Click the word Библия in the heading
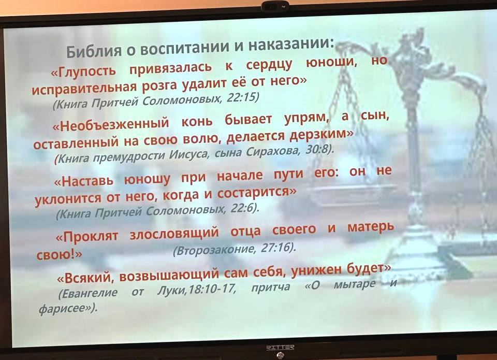94,50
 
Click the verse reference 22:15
243,97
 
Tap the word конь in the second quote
197,121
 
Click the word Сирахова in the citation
273,152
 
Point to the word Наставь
84,181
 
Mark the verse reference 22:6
245,208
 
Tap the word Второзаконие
214,250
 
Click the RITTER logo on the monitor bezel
280,348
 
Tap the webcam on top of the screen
275,6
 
